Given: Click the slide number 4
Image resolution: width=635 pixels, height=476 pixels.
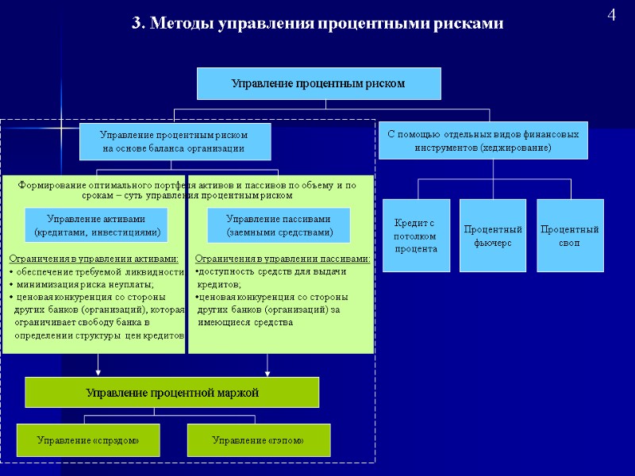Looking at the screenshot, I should [x=611, y=15].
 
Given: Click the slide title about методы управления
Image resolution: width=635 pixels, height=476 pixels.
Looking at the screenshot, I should [x=317, y=24].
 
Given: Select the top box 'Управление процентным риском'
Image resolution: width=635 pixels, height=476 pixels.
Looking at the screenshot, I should [x=318, y=83].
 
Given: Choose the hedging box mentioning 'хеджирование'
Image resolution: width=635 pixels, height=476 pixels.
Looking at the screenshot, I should [x=483, y=141].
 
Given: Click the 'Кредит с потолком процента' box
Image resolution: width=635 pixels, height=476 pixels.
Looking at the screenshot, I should [x=416, y=236].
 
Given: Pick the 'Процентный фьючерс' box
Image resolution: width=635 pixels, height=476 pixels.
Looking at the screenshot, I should [x=492, y=236].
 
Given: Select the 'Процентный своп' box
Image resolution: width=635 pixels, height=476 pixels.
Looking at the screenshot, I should [x=569, y=236].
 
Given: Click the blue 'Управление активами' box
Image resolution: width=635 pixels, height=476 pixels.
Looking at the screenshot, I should [x=96, y=225].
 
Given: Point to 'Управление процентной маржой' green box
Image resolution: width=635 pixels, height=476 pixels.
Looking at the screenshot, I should [x=172, y=392].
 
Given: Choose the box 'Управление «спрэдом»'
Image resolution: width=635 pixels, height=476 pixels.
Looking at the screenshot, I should [x=88, y=440].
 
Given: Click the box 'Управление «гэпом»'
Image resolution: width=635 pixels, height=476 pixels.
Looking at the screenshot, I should [x=258, y=440].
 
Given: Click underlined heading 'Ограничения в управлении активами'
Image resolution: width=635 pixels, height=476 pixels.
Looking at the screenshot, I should [x=94, y=259].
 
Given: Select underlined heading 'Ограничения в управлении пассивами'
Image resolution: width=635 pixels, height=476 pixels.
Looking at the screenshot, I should [x=283, y=259].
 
